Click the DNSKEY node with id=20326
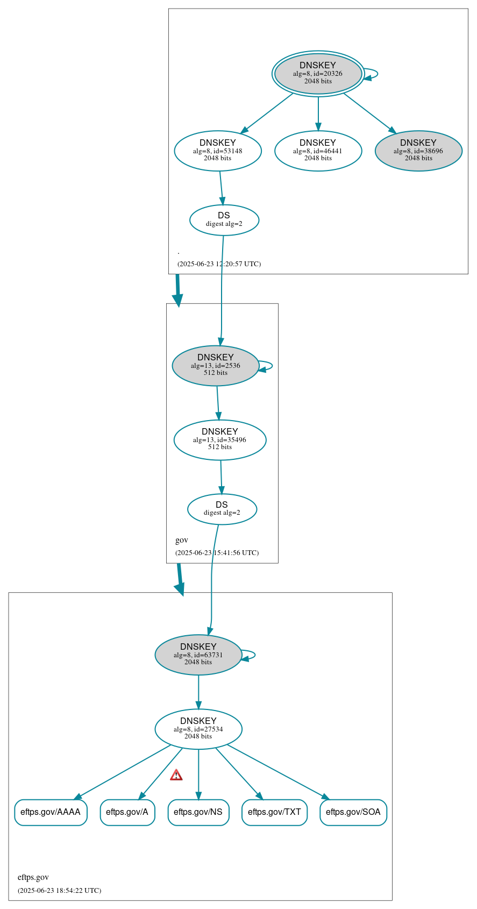[318, 74]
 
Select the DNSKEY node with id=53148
[218, 151]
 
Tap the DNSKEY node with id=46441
[318, 151]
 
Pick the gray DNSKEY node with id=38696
[418, 151]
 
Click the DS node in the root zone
[224, 219]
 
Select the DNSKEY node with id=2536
[216, 365]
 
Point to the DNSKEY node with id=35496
[220, 439]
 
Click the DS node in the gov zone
[222, 509]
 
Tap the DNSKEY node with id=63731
[198, 655]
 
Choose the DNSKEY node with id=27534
[198, 729]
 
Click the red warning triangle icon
[176, 775]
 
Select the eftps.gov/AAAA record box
[51, 812]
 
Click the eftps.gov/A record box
[127, 812]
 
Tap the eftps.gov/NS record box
[198, 812]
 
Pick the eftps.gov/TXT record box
[274, 812]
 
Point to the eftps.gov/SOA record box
[353, 812]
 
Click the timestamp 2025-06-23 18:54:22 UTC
[59, 890]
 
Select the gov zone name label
[182, 540]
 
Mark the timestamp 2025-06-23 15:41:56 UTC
[217, 553]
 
